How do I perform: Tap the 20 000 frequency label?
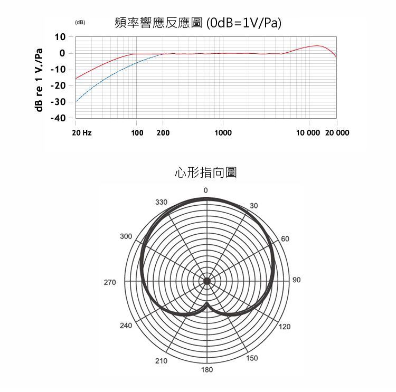[337, 132]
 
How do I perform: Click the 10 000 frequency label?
[308, 132]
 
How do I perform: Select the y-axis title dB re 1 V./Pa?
[38, 79]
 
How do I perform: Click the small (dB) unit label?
[80, 23]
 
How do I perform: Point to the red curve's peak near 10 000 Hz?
[317, 46]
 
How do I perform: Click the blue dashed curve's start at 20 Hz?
[76, 101]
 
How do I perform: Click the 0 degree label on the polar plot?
[206, 189]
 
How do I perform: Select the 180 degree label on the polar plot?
[207, 370]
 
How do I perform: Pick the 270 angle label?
[110, 283]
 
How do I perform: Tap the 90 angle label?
[296, 280]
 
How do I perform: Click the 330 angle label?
[161, 202]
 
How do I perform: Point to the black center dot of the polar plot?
[207, 281]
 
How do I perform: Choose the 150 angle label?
[252, 358]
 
